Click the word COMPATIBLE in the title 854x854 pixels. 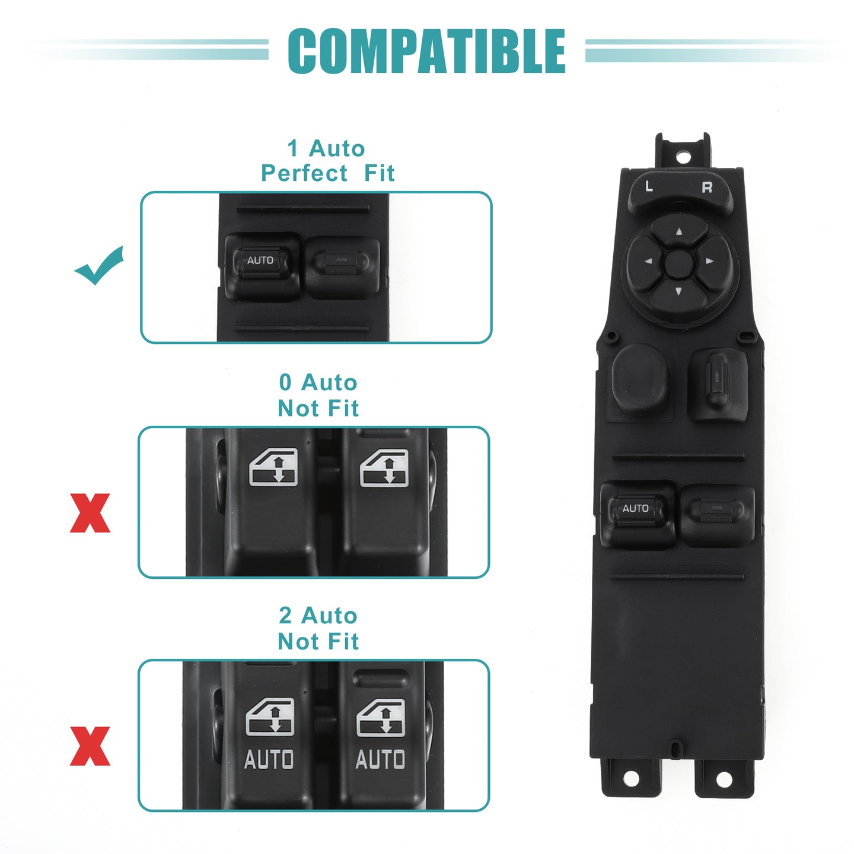(426, 51)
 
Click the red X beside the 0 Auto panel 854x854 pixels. (90, 513)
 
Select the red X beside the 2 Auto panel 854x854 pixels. (90, 746)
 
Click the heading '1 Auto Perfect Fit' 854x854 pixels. (327, 161)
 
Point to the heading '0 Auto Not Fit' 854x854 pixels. (318, 396)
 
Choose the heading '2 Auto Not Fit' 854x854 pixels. (318, 629)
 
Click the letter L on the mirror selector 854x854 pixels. (649, 186)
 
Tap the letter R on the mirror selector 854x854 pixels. (707, 187)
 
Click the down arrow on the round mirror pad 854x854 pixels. (678, 291)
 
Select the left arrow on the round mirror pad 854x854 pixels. (648, 262)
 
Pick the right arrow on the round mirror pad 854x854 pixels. (709, 261)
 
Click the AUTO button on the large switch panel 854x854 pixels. (636, 508)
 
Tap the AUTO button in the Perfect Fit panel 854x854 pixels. (260, 260)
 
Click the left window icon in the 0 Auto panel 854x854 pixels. (273, 467)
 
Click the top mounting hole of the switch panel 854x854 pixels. (683, 157)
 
